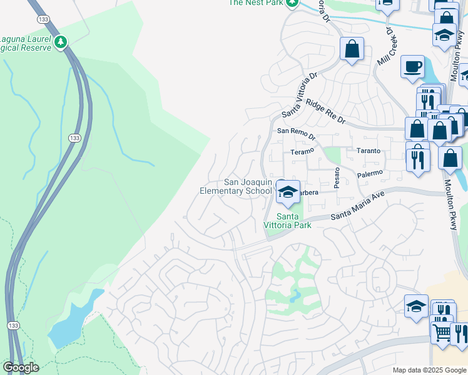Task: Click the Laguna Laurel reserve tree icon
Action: tap(61, 42)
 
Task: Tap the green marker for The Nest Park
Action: tap(292, 3)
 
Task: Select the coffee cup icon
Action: tap(412, 66)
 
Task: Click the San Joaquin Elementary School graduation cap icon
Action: tap(288, 192)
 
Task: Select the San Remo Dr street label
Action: tap(296, 131)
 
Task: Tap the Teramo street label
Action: tap(301, 152)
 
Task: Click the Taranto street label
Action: tap(368, 151)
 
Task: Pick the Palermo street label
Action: tap(369, 173)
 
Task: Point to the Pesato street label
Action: tap(337, 177)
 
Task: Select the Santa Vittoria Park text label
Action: tap(287, 221)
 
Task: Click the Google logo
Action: tap(21, 367)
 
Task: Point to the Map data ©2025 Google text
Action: tap(429, 370)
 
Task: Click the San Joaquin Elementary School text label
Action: tap(236, 186)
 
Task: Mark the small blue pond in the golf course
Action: tap(295, 294)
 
